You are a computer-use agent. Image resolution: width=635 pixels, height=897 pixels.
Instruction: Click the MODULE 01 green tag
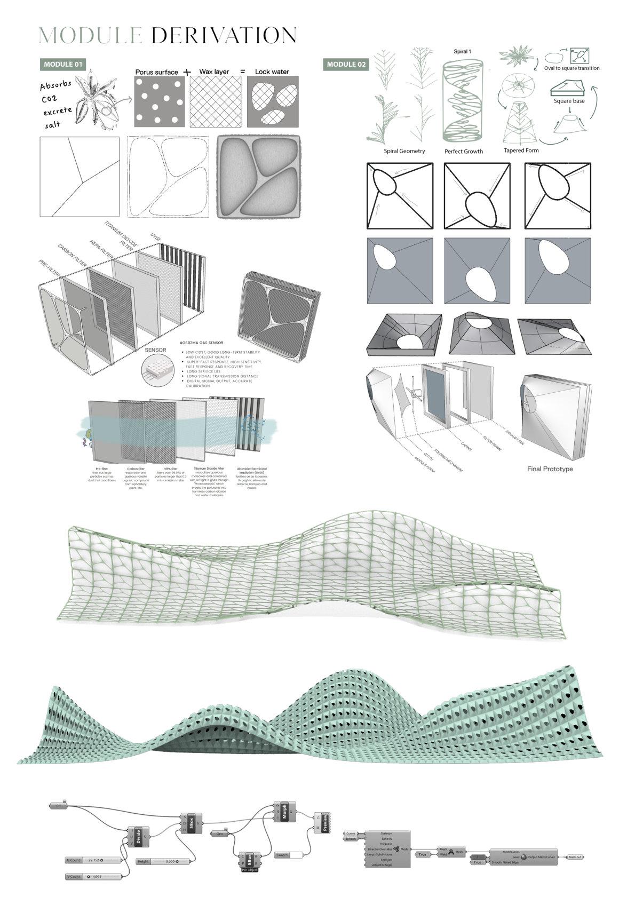(x=63, y=65)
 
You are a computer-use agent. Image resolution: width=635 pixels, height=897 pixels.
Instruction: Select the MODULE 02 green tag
(x=346, y=65)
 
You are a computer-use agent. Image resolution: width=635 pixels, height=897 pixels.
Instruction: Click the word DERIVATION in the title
(x=224, y=36)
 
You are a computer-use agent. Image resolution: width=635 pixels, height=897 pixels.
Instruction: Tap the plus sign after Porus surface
(x=187, y=72)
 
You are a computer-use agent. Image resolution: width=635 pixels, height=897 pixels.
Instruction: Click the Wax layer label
(x=214, y=72)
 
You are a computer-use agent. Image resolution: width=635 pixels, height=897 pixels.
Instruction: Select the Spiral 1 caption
(x=462, y=52)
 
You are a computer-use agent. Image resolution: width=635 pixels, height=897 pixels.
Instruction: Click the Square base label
(x=569, y=101)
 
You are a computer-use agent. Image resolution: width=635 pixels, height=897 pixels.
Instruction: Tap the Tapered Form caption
(x=521, y=150)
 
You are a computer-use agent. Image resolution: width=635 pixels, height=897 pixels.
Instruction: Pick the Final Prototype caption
(x=550, y=469)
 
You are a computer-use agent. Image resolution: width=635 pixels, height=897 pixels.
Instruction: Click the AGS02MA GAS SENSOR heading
(x=202, y=343)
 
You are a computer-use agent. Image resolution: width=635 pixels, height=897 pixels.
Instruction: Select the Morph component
(x=284, y=812)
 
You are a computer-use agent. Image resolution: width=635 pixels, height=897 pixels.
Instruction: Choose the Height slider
(x=163, y=862)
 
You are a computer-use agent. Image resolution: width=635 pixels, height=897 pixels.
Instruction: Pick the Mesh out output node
(x=574, y=857)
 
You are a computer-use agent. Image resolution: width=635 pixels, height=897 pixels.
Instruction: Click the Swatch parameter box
(x=291, y=855)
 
